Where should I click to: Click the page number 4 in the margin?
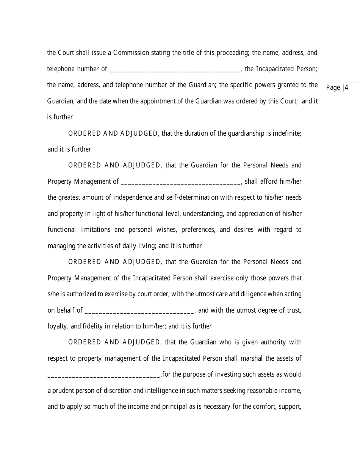point(346,88)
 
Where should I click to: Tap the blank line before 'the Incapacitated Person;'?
point(175,70)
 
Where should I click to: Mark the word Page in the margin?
point(333,88)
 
